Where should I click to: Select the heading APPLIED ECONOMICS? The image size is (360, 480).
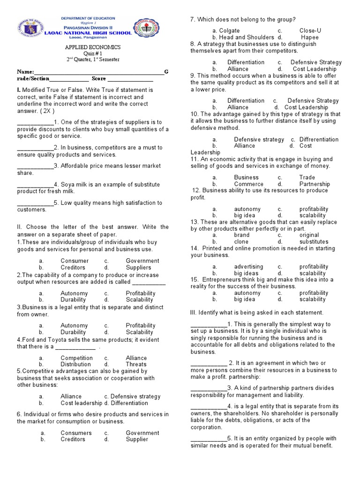pyautogui.click(x=92, y=47)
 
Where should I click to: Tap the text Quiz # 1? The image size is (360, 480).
pyautogui.click(x=92, y=53)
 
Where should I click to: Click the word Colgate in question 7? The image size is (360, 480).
pyautogui.click(x=230, y=30)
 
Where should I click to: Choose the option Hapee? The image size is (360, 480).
pyautogui.click(x=309, y=37)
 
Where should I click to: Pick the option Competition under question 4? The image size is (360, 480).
pyautogui.click(x=76, y=358)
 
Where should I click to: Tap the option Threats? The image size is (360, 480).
pyautogui.click(x=136, y=364)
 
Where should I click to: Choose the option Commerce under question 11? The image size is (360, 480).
pyautogui.click(x=248, y=184)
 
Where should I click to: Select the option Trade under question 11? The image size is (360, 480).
pyautogui.click(x=307, y=178)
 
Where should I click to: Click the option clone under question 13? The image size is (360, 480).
pyautogui.click(x=241, y=242)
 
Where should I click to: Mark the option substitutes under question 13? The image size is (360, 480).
pyautogui.click(x=314, y=242)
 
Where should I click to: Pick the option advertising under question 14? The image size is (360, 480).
pyautogui.click(x=248, y=267)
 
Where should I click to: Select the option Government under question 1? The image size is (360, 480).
pyautogui.click(x=142, y=261)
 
